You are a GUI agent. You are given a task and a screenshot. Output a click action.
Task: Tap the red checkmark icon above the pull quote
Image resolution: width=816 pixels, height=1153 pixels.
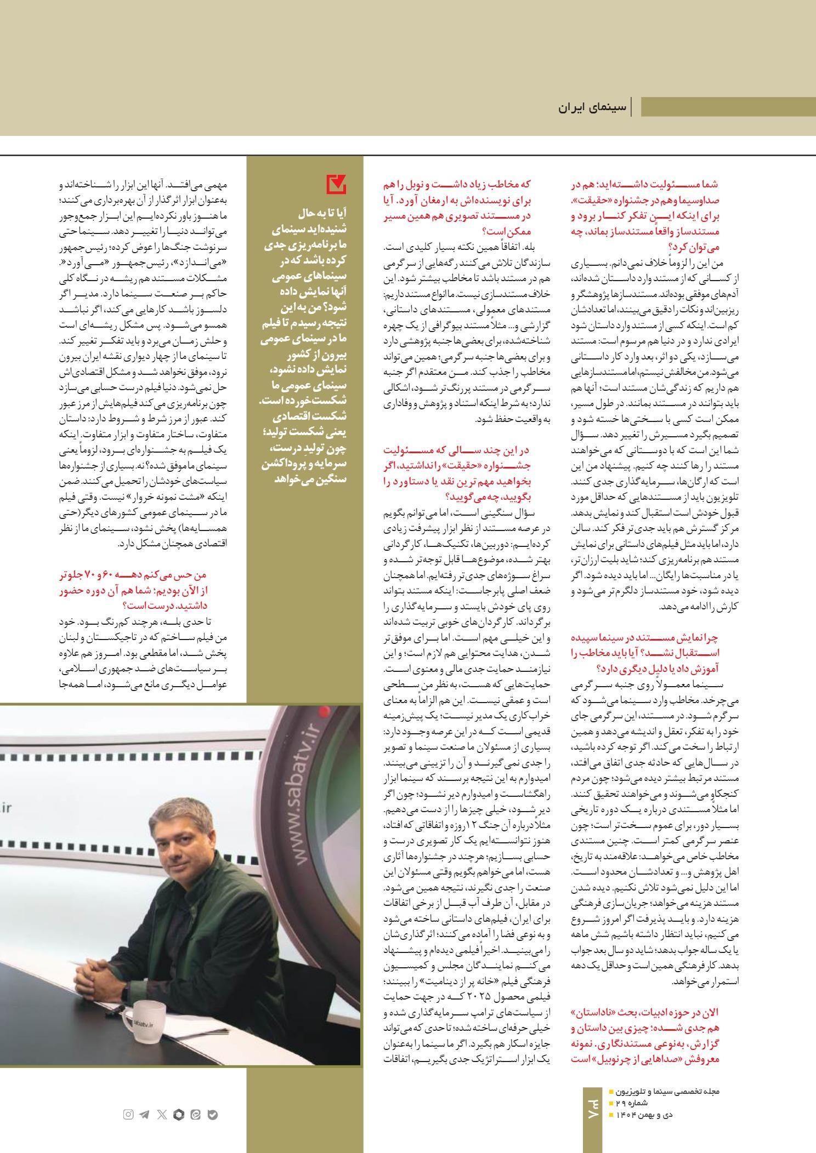coord(336,184)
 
